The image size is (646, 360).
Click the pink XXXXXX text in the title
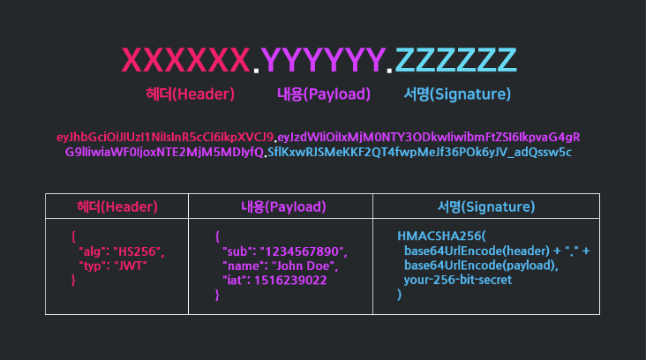point(186,60)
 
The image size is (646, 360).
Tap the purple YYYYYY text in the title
point(323,60)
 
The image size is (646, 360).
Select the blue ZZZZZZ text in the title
point(455,60)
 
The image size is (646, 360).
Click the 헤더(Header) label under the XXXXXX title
point(191,94)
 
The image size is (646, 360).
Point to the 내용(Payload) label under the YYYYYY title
point(324,94)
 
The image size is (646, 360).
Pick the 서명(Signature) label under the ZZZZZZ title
point(457,94)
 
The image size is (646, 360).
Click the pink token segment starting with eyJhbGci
point(165,137)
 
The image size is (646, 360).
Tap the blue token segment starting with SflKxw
point(419,153)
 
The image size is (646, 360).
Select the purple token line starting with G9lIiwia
point(164,153)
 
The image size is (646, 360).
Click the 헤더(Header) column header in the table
point(117,206)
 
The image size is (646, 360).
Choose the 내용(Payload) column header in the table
point(283,206)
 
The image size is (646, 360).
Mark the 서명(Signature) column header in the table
point(486,206)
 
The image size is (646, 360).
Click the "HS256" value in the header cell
point(139,251)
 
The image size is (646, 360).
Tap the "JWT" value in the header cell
point(131,266)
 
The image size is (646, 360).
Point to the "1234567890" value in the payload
point(304,251)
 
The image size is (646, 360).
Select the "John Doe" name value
point(304,266)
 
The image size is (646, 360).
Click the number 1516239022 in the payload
point(290,281)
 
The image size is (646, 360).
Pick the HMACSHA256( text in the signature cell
point(441,236)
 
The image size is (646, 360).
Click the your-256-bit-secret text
point(458,280)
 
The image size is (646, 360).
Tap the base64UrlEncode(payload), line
point(481,266)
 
